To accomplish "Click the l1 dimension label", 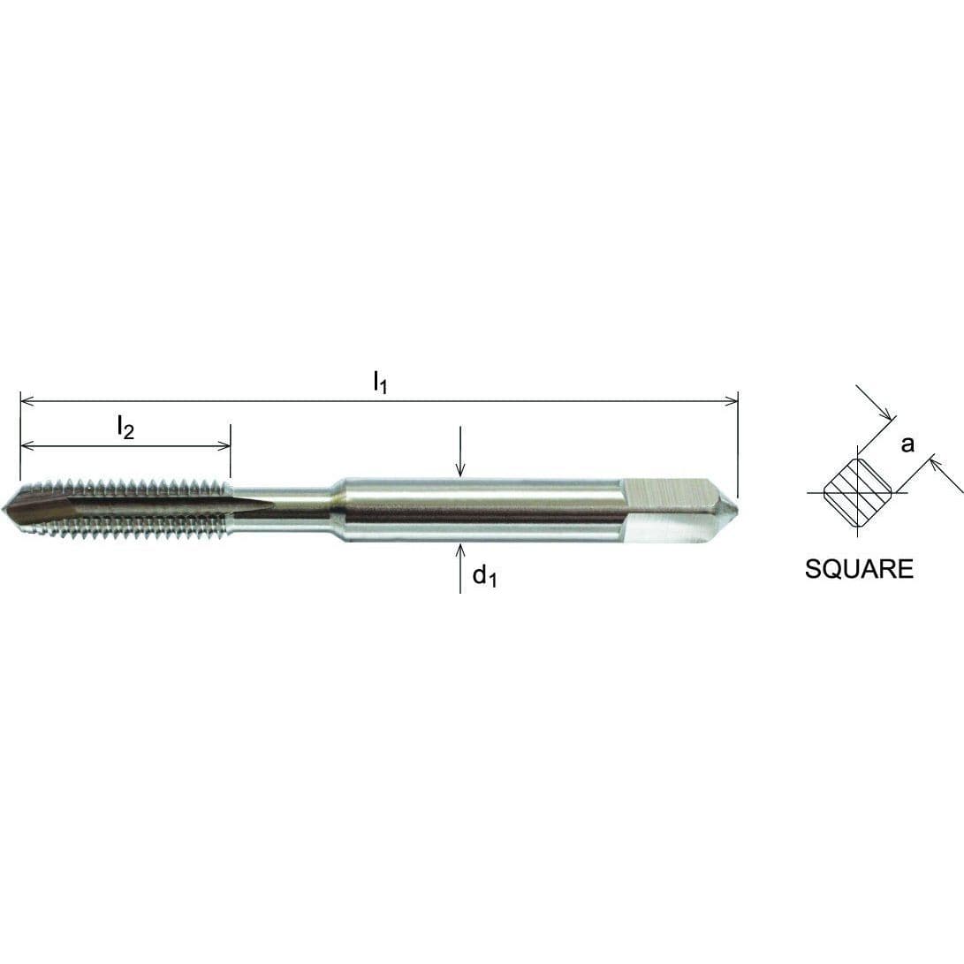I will [380, 383].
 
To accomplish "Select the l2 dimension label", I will [125, 428].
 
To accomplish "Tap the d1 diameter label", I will [484, 577].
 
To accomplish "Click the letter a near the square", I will [907, 444].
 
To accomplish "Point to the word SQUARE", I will [859, 569].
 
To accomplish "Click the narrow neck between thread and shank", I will [283, 510].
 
